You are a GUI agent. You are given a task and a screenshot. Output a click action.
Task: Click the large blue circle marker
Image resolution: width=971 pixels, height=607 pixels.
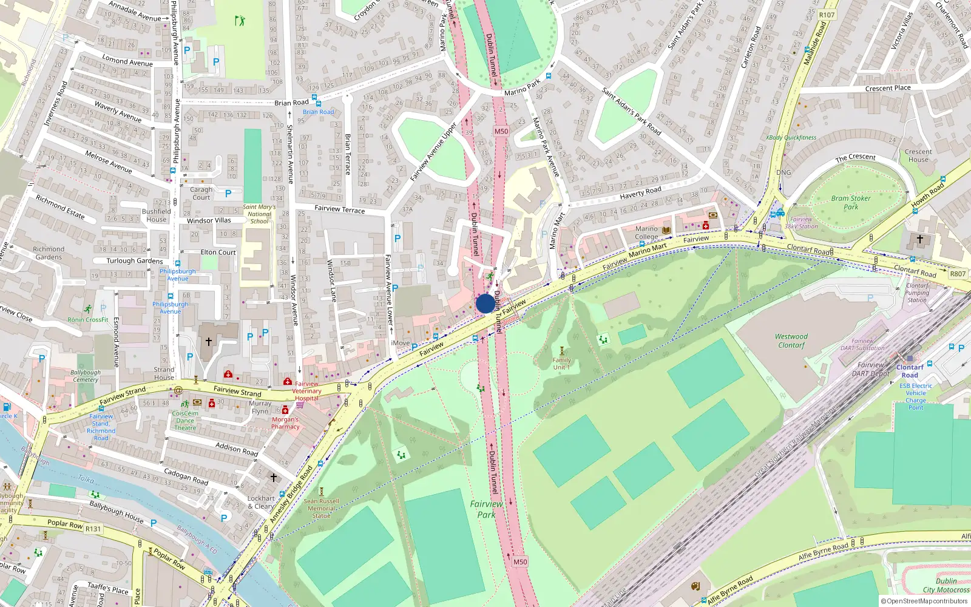click(x=485, y=303)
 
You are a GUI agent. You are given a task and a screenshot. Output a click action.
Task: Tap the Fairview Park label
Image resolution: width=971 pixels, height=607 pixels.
click(x=486, y=509)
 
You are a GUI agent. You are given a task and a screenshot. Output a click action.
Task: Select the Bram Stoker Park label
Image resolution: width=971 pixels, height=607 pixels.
click(x=850, y=202)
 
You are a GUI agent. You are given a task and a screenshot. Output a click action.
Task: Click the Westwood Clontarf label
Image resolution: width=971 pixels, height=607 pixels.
click(x=791, y=341)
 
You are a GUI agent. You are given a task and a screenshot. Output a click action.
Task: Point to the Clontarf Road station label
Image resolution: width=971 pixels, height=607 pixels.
click(x=909, y=371)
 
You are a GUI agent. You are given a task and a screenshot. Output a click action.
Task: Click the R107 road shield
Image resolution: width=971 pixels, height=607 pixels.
click(x=827, y=15)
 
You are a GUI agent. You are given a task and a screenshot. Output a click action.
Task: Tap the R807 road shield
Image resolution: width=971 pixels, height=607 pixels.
click(x=958, y=274)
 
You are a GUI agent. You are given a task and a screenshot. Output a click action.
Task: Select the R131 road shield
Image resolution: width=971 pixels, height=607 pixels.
click(x=93, y=529)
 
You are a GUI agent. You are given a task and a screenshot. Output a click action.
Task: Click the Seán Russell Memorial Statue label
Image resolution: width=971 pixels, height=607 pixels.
click(x=321, y=508)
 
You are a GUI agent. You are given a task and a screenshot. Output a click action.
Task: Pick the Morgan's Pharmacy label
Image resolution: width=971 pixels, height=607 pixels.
click(x=285, y=422)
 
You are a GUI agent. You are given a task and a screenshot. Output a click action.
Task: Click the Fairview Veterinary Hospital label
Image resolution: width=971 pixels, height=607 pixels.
click(x=306, y=391)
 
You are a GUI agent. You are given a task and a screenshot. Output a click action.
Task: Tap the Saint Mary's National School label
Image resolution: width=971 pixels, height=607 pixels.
click(x=259, y=214)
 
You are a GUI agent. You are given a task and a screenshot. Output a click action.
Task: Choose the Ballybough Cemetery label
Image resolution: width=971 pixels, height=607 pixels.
click(x=86, y=376)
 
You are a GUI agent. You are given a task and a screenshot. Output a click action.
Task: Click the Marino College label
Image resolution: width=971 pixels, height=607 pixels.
click(x=646, y=233)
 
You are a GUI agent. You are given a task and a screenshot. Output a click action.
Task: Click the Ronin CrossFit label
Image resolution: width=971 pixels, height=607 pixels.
click(x=88, y=319)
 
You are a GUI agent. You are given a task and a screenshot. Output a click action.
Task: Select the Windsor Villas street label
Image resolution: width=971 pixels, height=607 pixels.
click(x=209, y=220)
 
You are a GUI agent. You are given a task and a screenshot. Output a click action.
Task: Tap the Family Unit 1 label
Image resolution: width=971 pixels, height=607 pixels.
click(x=561, y=363)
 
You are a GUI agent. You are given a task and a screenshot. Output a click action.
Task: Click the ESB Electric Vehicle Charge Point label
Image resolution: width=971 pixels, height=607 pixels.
click(x=916, y=396)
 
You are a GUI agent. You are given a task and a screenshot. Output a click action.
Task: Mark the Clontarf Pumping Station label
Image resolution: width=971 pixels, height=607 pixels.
click(x=917, y=293)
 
